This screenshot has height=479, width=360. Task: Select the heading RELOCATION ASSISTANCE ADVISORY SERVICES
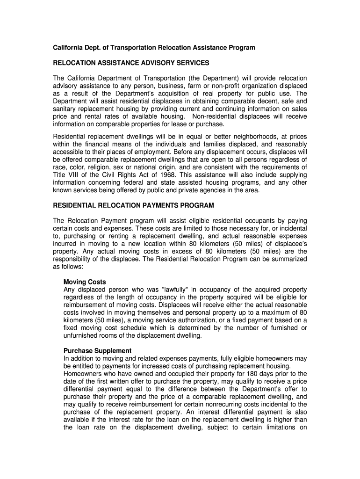tap(131, 63)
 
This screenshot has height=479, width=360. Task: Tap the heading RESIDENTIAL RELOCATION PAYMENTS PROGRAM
tap(133, 205)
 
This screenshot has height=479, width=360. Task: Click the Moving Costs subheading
tap(85, 282)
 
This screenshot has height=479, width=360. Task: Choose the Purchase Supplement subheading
tap(97, 350)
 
